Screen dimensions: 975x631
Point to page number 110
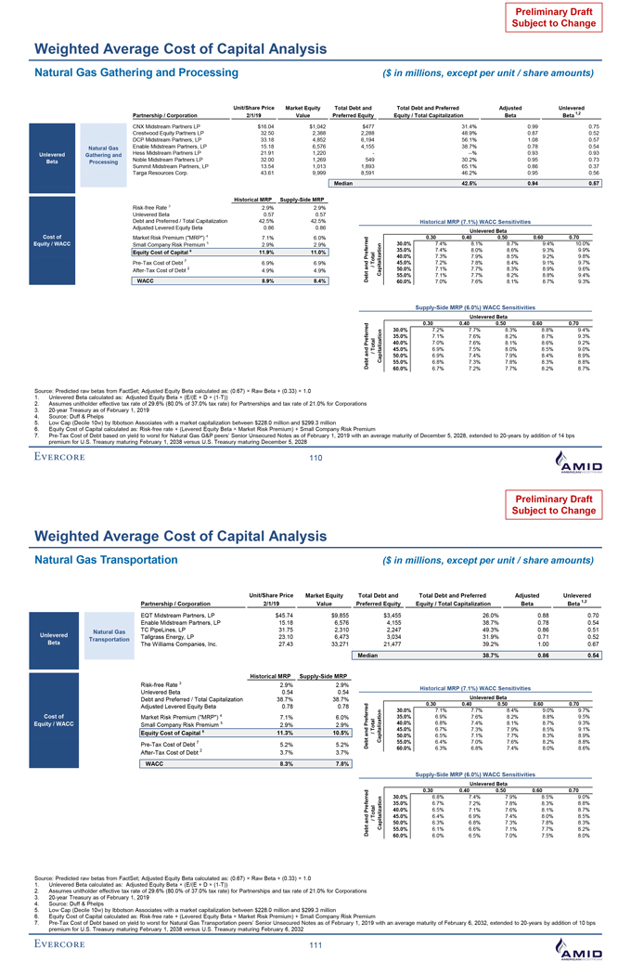pyautogui.click(x=315, y=459)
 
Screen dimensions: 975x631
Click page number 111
pyautogui.click(x=315, y=946)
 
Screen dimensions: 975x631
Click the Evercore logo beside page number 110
pyautogui.click(x=60, y=458)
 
